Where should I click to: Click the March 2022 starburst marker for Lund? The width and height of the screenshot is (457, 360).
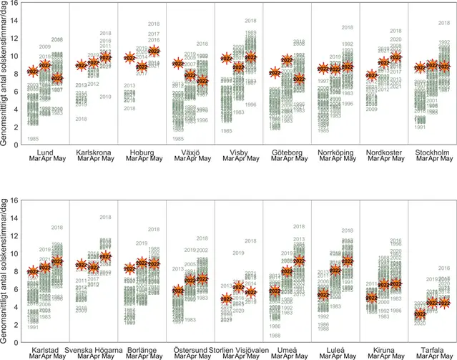pyautogui.click(x=32, y=72)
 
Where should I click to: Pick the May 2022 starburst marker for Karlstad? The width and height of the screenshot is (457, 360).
pyautogui.click(x=56, y=261)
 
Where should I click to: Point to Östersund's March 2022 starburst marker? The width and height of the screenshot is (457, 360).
pyautogui.click(x=178, y=291)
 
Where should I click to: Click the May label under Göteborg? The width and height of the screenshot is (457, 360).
pyautogui.click(x=298, y=160)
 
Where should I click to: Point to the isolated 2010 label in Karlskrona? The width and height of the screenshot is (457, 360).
pyautogui.click(x=105, y=97)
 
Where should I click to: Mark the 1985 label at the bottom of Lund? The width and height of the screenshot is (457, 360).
pyautogui.click(x=32, y=138)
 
